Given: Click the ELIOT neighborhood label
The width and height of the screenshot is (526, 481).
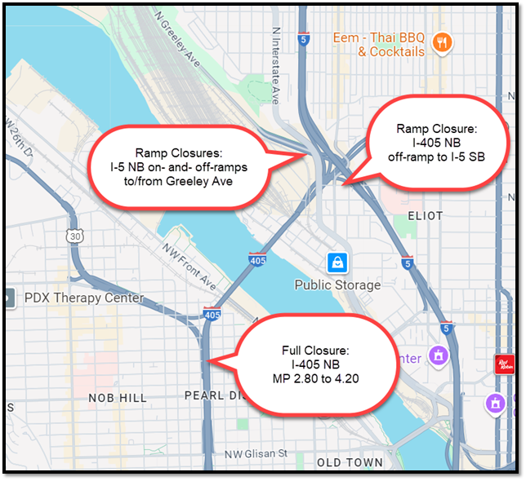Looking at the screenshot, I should coord(424,216).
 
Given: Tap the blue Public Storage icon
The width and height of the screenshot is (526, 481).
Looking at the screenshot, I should coord(337,263).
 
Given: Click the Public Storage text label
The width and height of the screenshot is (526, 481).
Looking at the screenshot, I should coord(337,285).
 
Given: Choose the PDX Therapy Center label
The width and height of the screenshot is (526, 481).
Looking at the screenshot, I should coord(83,298).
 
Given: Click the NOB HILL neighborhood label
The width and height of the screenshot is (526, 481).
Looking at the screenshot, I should coord(118,398).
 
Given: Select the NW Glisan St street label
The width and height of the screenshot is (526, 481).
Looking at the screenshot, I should coord(256,453).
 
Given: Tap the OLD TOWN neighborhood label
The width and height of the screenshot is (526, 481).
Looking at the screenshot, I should coord(349,463).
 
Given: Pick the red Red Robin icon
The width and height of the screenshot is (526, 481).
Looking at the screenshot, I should coord(506,364).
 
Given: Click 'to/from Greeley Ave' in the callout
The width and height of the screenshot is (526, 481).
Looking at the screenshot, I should coord(181,182).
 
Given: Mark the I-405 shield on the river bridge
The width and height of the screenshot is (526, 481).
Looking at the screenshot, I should coord(257,259).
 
